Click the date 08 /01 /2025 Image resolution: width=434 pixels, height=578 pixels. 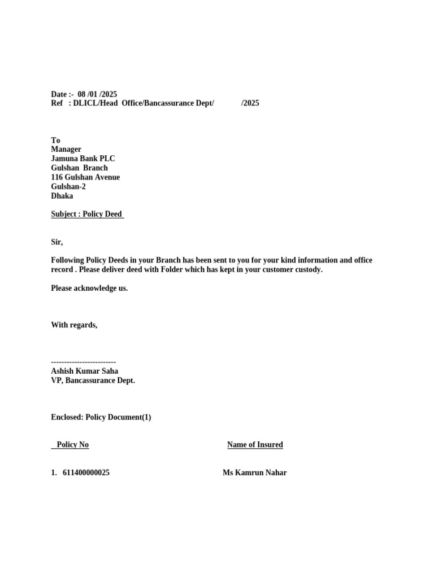click(x=97, y=94)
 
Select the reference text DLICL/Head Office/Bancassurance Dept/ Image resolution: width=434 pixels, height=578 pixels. click(x=144, y=103)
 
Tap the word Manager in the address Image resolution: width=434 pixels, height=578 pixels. click(x=66, y=150)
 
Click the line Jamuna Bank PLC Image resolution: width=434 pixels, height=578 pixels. click(x=83, y=159)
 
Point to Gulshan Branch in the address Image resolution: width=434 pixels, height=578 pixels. click(x=79, y=168)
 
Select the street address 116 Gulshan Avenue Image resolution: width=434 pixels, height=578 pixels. click(x=85, y=177)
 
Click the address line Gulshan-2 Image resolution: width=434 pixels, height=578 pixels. click(x=68, y=186)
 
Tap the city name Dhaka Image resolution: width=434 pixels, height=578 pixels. click(x=62, y=196)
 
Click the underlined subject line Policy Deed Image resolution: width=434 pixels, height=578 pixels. click(x=87, y=214)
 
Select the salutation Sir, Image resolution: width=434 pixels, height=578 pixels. click(x=57, y=242)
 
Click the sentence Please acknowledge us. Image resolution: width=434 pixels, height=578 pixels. click(x=89, y=288)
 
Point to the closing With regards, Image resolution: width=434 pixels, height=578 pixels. click(x=74, y=325)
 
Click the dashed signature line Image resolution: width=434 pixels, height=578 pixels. click(x=83, y=362)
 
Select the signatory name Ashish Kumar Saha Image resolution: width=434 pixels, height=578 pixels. click(x=84, y=371)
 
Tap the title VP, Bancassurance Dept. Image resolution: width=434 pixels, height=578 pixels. click(x=93, y=380)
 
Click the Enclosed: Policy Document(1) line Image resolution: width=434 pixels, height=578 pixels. click(x=101, y=417)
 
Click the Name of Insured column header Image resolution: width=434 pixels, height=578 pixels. click(x=255, y=445)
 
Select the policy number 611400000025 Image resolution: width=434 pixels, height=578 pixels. click(x=86, y=472)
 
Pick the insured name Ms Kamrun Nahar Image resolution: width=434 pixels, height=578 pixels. click(x=254, y=472)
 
